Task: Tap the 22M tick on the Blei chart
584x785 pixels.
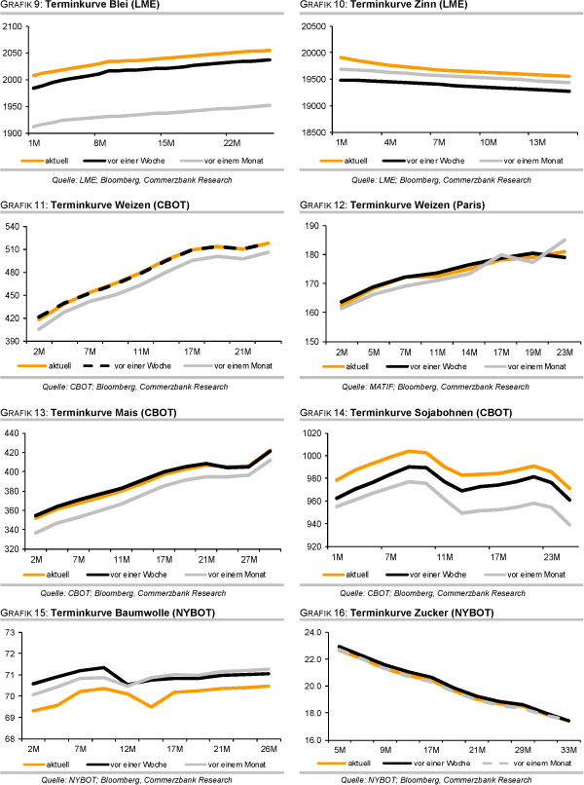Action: [x=232, y=142]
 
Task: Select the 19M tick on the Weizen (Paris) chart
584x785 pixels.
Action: [x=504, y=351]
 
